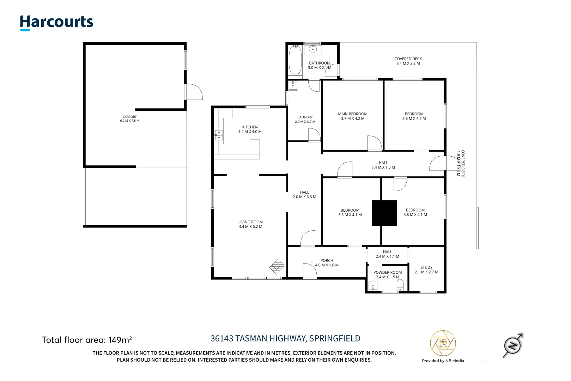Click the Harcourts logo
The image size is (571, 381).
click(x=56, y=23)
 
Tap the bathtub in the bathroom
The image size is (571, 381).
click(x=295, y=60)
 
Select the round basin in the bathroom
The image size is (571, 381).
click(x=313, y=49)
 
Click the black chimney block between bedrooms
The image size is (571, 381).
click(x=384, y=213)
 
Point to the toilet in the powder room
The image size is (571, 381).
click(x=400, y=285)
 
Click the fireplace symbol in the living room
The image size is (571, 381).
click(x=277, y=266)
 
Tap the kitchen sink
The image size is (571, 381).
click(x=219, y=135)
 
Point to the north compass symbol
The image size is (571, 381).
click(x=513, y=345)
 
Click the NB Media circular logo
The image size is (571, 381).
click(x=443, y=343)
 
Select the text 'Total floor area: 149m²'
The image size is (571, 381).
click(x=87, y=340)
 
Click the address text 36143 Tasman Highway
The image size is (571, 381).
click(x=285, y=338)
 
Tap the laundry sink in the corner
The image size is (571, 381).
click(x=293, y=85)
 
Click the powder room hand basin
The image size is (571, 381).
click(x=373, y=286)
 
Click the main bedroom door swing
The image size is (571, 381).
click(x=375, y=143)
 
